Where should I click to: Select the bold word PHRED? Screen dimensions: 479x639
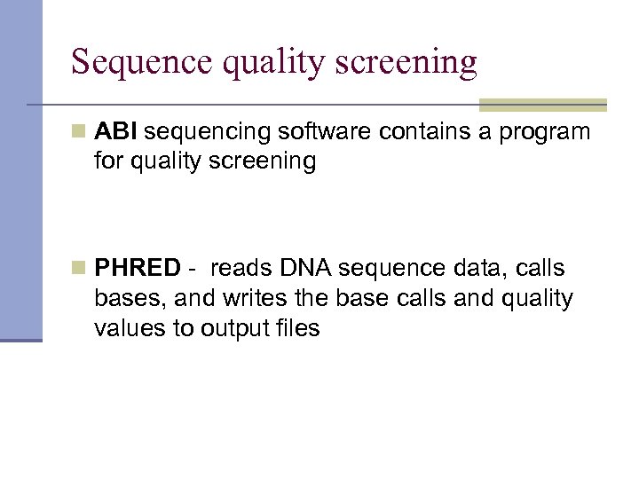pos(138,269)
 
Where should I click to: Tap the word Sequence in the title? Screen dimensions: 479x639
pos(140,62)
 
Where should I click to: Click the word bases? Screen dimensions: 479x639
pos(122,299)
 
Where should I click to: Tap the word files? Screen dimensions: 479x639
pos(299,329)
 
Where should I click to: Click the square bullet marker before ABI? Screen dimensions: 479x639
pos(79,132)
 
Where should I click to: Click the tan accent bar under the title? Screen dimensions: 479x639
pos(542,105)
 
